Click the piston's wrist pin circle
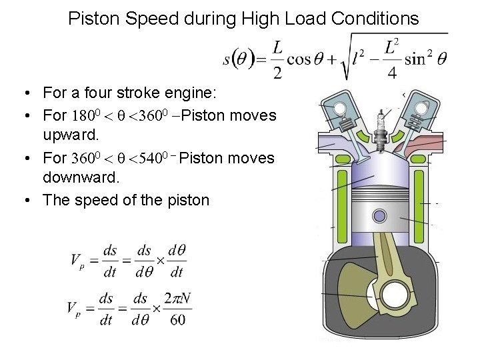tap(379, 216)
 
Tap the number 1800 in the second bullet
tap(86, 116)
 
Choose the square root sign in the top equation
tap(347, 60)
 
